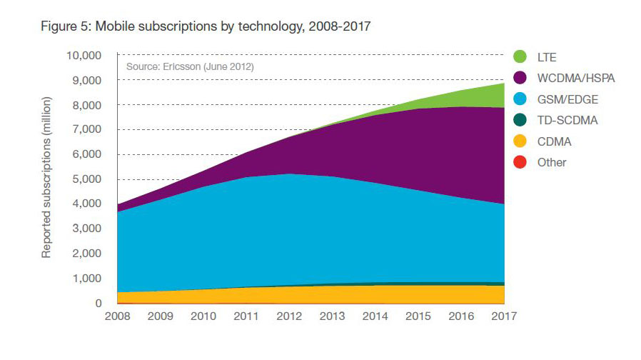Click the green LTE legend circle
[520, 56]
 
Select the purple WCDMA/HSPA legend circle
[520, 78]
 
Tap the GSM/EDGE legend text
[567, 99]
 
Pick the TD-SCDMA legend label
[567, 120]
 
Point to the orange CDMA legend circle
[520, 141]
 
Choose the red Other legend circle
[520, 162]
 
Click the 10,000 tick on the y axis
[84, 56]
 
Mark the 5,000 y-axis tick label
[86, 179]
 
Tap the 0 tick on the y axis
[99, 303]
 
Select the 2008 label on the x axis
[117, 316]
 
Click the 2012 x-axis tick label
[289, 316]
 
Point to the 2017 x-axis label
[504, 316]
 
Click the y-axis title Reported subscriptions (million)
[46, 178]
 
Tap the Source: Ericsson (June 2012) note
[190, 66]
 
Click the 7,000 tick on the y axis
[86, 130]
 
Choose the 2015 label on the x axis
[418, 316]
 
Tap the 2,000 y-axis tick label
[86, 254]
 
